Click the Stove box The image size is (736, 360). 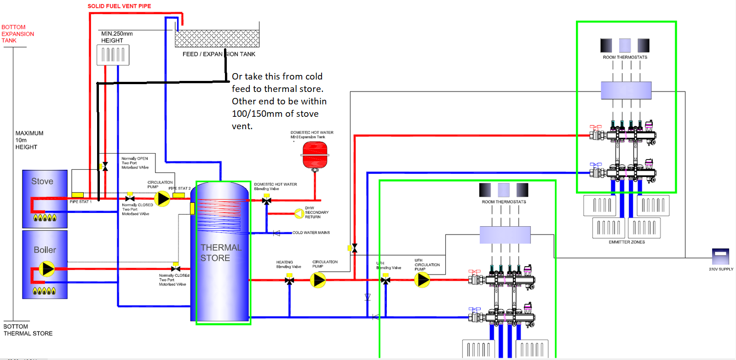tap(45, 199)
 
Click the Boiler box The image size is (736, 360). tap(45, 264)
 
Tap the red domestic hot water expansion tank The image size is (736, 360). tap(315, 155)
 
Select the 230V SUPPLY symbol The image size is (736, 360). tap(720, 256)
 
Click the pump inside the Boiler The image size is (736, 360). tap(46, 269)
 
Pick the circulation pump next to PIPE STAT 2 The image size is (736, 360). tap(162, 199)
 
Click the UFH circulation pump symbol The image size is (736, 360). tap(422, 280)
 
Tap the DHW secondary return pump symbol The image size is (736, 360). tap(299, 213)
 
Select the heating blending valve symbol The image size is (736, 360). tap(289, 280)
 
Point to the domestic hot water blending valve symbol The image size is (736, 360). tap(266, 200)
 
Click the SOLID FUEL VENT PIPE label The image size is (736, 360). tap(119, 6)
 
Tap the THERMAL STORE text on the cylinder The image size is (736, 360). tap(221, 252)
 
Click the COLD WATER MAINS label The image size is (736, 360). tap(311, 233)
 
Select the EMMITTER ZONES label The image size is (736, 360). tap(627, 242)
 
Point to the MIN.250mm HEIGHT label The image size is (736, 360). tap(117, 37)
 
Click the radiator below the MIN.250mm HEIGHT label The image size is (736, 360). tap(113, 55)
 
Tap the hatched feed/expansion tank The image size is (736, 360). tap(217, 39)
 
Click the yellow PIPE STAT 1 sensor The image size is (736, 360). tap(77, 195)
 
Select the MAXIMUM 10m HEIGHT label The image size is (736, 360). tap(29, 140)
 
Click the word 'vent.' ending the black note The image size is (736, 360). tap(242, 126)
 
